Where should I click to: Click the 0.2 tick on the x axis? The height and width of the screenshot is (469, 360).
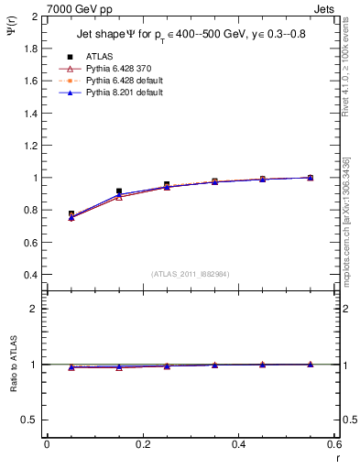[x=143, y=444]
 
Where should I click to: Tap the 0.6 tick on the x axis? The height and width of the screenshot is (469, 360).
[x=334, y=444]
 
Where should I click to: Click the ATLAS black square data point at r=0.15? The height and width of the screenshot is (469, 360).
[x=119, y=191]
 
